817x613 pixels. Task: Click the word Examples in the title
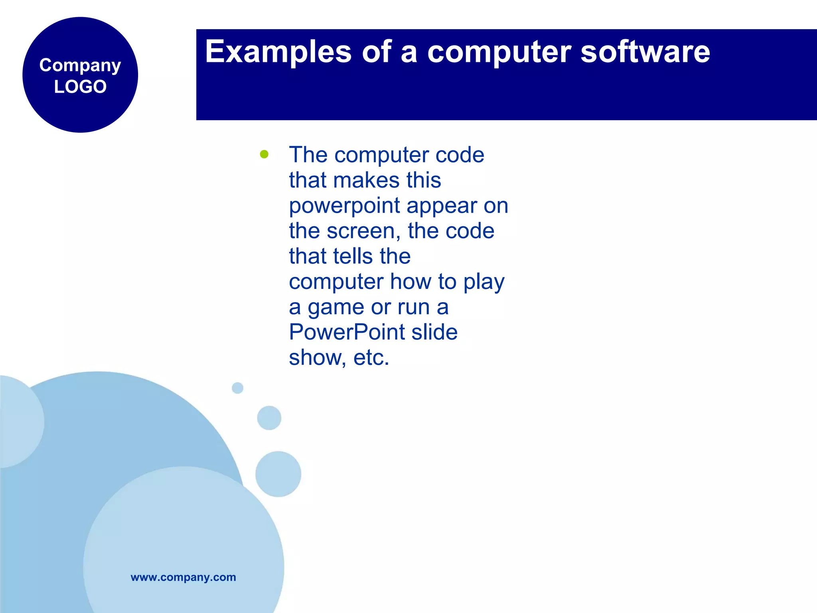click(x=278, y=52)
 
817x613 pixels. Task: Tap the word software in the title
click(x=645, y=51)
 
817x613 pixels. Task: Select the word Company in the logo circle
click(x=80, y=65)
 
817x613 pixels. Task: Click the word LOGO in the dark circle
click(x=80, y=87)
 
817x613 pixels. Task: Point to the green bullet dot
click(x=264, y=154)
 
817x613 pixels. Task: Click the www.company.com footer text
click(x=183, y=577)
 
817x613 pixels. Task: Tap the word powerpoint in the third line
click(x=344, y=206)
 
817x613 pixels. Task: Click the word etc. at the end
click(x=371, y=357)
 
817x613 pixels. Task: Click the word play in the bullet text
click(x=483, y=282)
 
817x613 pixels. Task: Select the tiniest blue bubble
click(x=237, y=388)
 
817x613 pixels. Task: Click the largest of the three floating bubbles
click(x=278, y=474)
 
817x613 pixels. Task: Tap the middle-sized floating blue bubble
click(x=269, y=418)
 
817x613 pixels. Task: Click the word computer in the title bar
click(x=499, y=52)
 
